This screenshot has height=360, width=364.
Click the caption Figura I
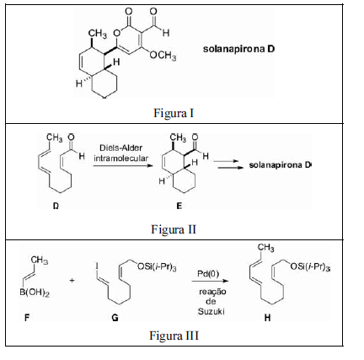[174, 113]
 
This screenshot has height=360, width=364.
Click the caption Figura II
[174, 229]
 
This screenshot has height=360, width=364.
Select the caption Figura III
[174, 336]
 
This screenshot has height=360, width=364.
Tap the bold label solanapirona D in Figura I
[238, 49]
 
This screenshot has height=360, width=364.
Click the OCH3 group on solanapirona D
[163, 56]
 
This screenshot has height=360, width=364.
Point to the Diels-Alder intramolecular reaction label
[121, 153]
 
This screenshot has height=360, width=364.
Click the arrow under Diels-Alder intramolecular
[123, 166]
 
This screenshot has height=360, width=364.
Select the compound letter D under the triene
[56, 206]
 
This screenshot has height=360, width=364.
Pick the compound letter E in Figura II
[179, 206]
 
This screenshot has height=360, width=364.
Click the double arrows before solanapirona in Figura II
[227, 164]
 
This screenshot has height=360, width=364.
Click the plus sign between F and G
[72, 280]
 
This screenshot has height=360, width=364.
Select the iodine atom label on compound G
[97, 266]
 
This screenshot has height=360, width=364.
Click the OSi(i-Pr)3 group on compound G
[157, 266]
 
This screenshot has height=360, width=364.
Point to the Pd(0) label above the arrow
[208, 274]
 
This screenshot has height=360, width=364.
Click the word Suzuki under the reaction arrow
[211, 311]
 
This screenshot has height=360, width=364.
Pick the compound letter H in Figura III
[267, 318]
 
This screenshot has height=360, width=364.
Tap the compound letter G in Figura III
[115, 318]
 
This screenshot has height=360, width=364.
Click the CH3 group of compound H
[266, 248]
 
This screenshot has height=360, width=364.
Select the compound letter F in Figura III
[27, 318]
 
